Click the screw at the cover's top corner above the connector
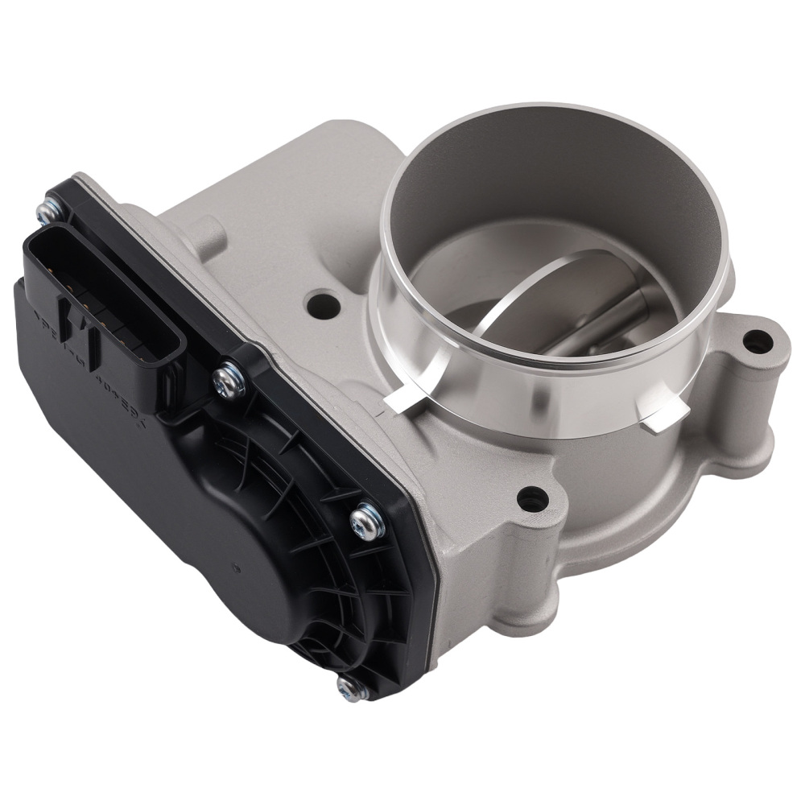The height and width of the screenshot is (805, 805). coord(47,211)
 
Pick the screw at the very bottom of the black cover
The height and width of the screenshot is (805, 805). coord(347,686)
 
